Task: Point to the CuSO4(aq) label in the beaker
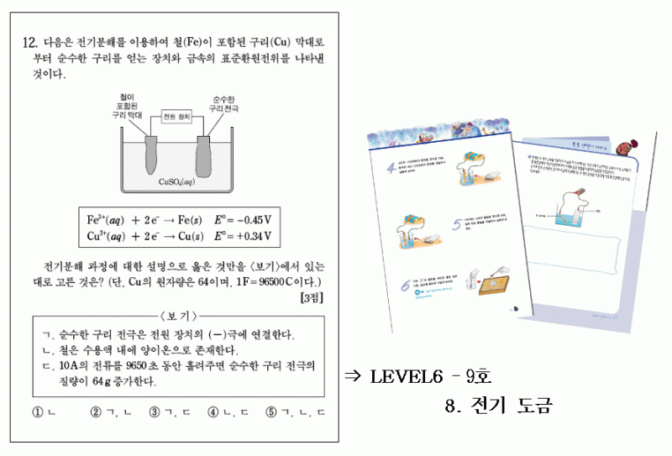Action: tap(177, 181)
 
